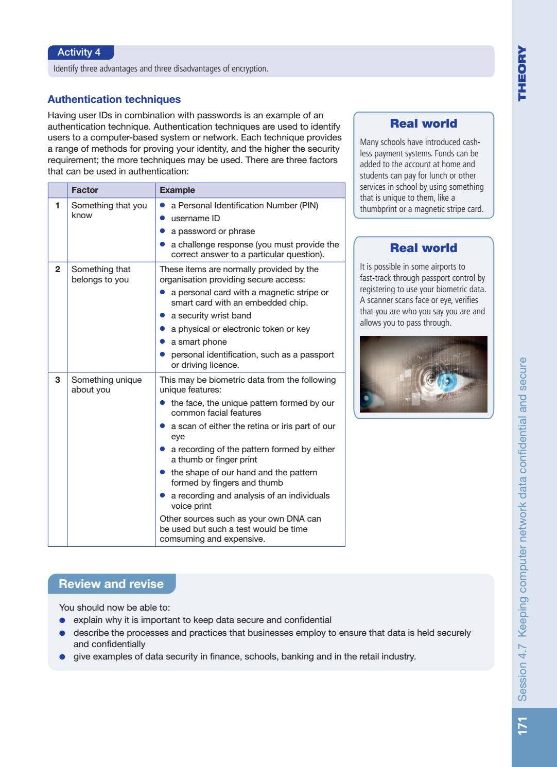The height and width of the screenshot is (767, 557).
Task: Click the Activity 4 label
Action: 79,52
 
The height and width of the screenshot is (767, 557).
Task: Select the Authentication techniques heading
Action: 114,99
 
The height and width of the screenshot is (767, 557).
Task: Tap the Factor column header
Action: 85,190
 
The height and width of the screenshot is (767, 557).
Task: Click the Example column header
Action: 177,190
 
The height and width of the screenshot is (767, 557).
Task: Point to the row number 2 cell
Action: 58,269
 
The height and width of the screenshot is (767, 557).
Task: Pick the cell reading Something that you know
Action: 109,210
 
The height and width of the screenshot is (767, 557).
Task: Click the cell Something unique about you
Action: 106,384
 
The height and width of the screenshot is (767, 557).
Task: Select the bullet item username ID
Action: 195,218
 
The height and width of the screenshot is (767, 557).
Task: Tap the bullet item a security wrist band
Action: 211,315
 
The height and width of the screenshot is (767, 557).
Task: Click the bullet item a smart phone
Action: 199,342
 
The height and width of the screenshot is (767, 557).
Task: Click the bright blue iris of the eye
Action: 446,381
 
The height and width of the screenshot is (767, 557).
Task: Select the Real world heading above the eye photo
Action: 423,248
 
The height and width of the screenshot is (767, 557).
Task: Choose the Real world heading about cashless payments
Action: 423,123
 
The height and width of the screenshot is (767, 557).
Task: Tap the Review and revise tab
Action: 111,584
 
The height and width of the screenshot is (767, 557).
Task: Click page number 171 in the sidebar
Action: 523,726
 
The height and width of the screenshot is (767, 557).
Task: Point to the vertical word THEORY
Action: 523,73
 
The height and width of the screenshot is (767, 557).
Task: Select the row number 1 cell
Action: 58,205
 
